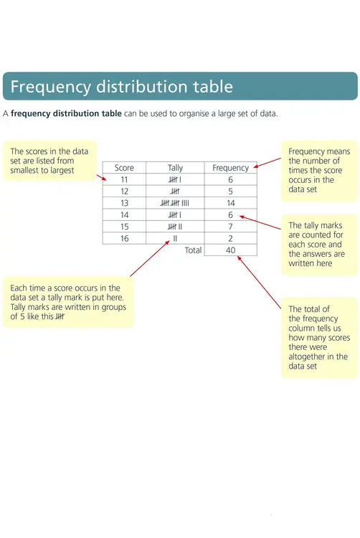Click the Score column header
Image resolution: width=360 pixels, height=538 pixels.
(x=124, y=168)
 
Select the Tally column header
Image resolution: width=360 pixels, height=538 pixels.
(x=175, y=168)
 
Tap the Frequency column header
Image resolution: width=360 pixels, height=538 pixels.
(x=230, y=168)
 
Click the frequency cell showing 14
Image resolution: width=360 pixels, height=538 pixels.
(x=231, y=203)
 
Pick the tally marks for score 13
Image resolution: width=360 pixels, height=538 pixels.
(x=175, y=203)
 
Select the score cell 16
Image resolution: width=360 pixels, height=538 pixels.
(x=125, y=238)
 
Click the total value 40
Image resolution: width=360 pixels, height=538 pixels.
(x=231, y=250)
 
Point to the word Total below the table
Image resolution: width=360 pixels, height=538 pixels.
(x=193, y=250)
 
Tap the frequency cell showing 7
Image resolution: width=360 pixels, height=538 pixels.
(x=231, y=227)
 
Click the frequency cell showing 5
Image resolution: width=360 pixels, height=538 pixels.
(x=230, y=192)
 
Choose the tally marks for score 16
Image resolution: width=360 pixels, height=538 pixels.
(x=175, y=238)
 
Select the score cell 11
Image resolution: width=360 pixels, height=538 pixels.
(x=124, y=180)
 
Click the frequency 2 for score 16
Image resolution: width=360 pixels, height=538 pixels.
(x=230, y=238)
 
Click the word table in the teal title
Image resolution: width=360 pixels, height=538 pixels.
(x=213, y=86)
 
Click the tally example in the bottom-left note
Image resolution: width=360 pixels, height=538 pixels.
(x=60, y=316)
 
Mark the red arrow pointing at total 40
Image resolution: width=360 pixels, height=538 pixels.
(x=259, y=282)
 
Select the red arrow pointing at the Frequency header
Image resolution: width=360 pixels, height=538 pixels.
(x=267, y=163)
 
